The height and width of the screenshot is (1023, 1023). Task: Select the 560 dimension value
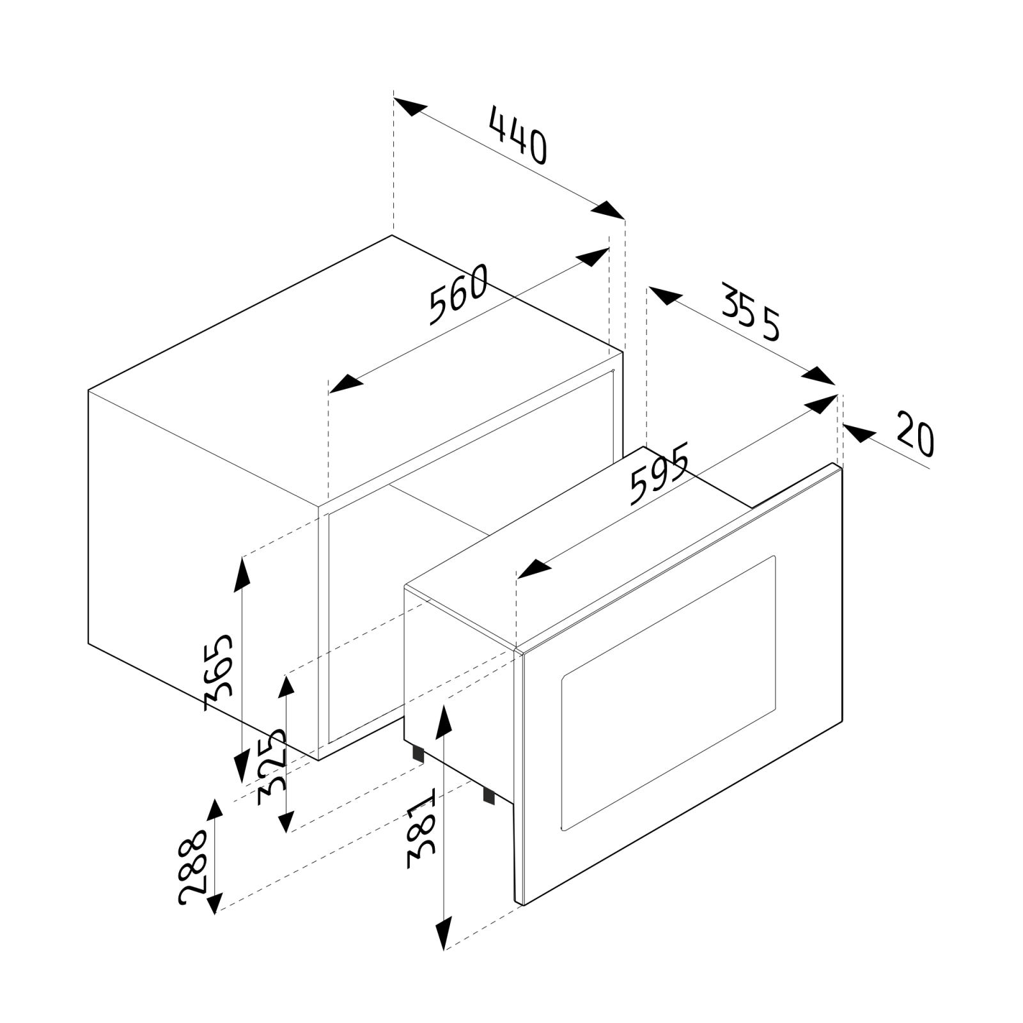(458, 295)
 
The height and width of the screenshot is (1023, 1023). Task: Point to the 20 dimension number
(914, 434)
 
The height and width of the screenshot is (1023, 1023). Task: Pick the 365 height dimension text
(219, 673)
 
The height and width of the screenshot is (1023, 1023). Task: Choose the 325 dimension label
(272, 769)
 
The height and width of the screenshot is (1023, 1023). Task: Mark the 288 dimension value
(192, 867)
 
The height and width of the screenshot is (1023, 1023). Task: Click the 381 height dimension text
(421, 832)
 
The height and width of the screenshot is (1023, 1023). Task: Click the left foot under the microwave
(418, 753)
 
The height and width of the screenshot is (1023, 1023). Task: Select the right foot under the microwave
(489, 795)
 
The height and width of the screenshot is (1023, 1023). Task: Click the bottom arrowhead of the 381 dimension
(444, 933)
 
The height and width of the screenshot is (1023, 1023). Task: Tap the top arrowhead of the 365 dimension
(242, 574)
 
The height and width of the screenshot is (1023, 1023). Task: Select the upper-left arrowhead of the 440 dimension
(410, 107)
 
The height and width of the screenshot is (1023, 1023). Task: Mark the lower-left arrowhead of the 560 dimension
(346, 383)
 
